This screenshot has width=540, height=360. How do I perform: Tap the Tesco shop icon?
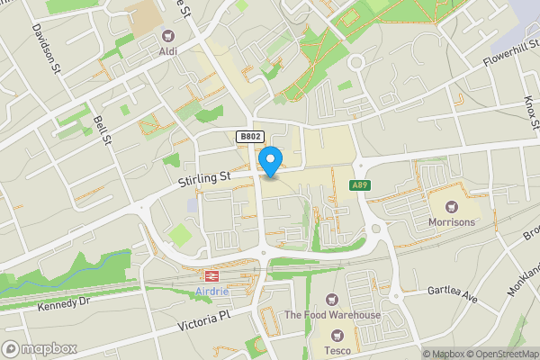pyautogui.click(x=338, y=335)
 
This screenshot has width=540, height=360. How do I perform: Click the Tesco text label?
pyautogui.click(x=338, y=350)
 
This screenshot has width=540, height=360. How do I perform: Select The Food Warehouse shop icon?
pyautogui.click(x=332, y=299)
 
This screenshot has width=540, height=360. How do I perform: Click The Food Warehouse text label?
pyautogui.click(x=332, y=315)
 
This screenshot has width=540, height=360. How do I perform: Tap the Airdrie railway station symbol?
pyautogui.click(x=213, y=276)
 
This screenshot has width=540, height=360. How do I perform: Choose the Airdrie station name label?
pyautogui.click(x=213, y=292)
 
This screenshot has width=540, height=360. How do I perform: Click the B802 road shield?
pyautogui.click(x=250, y=137)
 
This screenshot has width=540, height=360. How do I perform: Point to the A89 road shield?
pyautogui.click(x=361, y=185)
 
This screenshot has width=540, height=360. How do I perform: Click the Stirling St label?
pyautogui.click(x=203, y=180)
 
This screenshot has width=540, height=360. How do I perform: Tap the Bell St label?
pyautogui.click(x=102, y=130)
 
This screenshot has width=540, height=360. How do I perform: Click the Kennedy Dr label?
pyautogui.click(x=64, y=305)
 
